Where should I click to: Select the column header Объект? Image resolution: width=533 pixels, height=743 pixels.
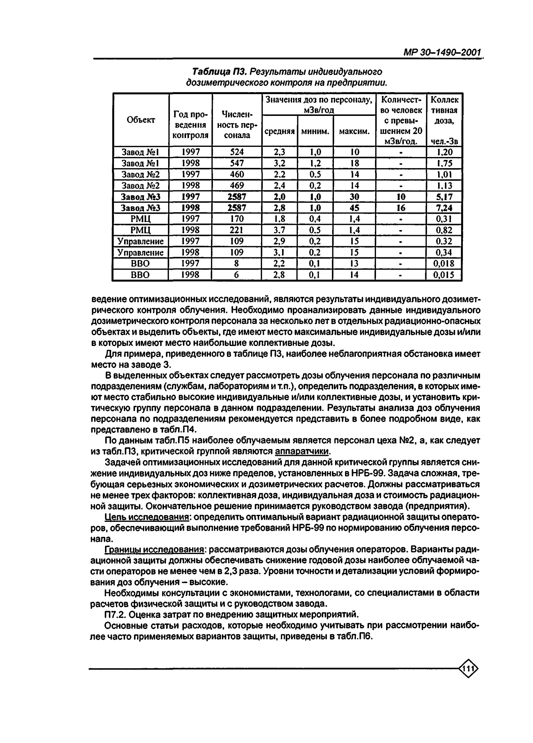[x=141, y=120]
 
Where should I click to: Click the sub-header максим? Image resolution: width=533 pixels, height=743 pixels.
[x=354, y=131]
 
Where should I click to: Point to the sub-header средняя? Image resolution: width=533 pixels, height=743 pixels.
[x=279, y=131]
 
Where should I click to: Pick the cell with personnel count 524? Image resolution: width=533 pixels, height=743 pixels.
[x=237, y=152]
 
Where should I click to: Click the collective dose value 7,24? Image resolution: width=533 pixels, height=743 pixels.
[x=444, y=208]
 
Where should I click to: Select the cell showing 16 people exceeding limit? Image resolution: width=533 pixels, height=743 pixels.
[x=401, y=208]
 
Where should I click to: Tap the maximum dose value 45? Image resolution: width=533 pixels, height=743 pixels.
[x=354, y=208]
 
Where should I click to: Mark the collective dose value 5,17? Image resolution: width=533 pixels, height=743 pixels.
[x=444, y=197]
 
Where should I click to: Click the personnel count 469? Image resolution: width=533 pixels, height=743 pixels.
[x=237, y=186]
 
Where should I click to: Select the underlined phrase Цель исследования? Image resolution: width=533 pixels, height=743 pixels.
[x=146, y=517]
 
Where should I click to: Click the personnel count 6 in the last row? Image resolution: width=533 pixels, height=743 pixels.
[x=236, y=274]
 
